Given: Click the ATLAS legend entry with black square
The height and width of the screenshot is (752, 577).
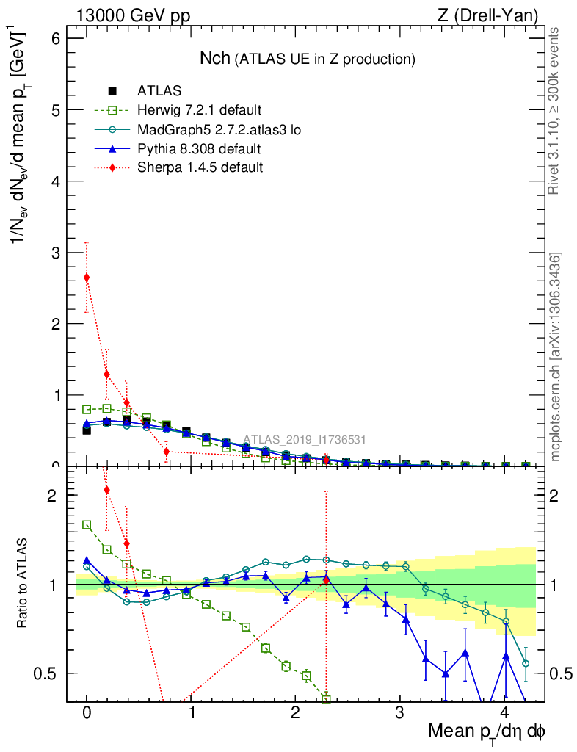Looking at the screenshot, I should click(x=160, y=91).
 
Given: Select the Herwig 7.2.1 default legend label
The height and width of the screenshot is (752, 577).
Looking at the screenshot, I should click(x=199, y=110).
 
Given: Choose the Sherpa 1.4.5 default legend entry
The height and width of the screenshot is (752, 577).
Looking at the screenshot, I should click(x=200, y=167).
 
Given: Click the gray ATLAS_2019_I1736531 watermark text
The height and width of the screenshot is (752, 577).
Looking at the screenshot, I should click(x=305, y=440).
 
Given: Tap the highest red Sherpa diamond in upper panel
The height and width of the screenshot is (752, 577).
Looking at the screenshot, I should click(x=87, y=278).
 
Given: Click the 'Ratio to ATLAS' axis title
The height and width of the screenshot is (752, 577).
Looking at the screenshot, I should click(x=23, y=584).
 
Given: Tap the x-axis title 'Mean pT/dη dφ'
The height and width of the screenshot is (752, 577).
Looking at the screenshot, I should click(x=487, y=732).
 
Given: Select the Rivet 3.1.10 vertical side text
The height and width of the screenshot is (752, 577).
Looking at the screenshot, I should click(x=555, y=110).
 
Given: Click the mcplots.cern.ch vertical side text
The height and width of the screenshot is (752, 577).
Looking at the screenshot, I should click(x=556, y=357).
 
